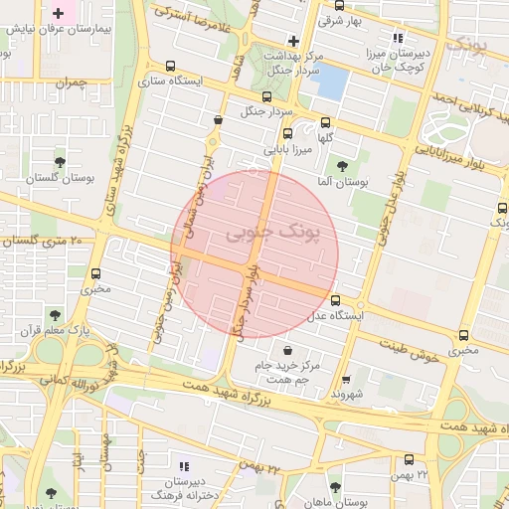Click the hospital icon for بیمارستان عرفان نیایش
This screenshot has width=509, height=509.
pyautogui.click(x=59, y=14)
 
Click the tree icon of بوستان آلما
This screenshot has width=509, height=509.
pyautogui.click(x=343, y=166)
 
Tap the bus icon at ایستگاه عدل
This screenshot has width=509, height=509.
pyautogui.click(x=334, y=299)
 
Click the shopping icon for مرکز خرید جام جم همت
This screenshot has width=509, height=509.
pyautogui.click(x=287, y=350)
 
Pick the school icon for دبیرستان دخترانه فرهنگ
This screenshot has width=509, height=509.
pyautogui.click(x=182, y=465)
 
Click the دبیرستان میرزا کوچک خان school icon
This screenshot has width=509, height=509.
pyautogui.click(x=399, y=37)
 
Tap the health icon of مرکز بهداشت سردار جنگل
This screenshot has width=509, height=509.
pyautogui.click(x=292, y=42)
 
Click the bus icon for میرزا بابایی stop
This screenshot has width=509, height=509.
pyautogui.click(x=287, y=133)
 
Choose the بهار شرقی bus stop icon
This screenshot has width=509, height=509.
pyautogui.click(x=307, y=19)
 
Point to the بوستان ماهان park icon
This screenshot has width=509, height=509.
pyautogui.click(x=333, y=488)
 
